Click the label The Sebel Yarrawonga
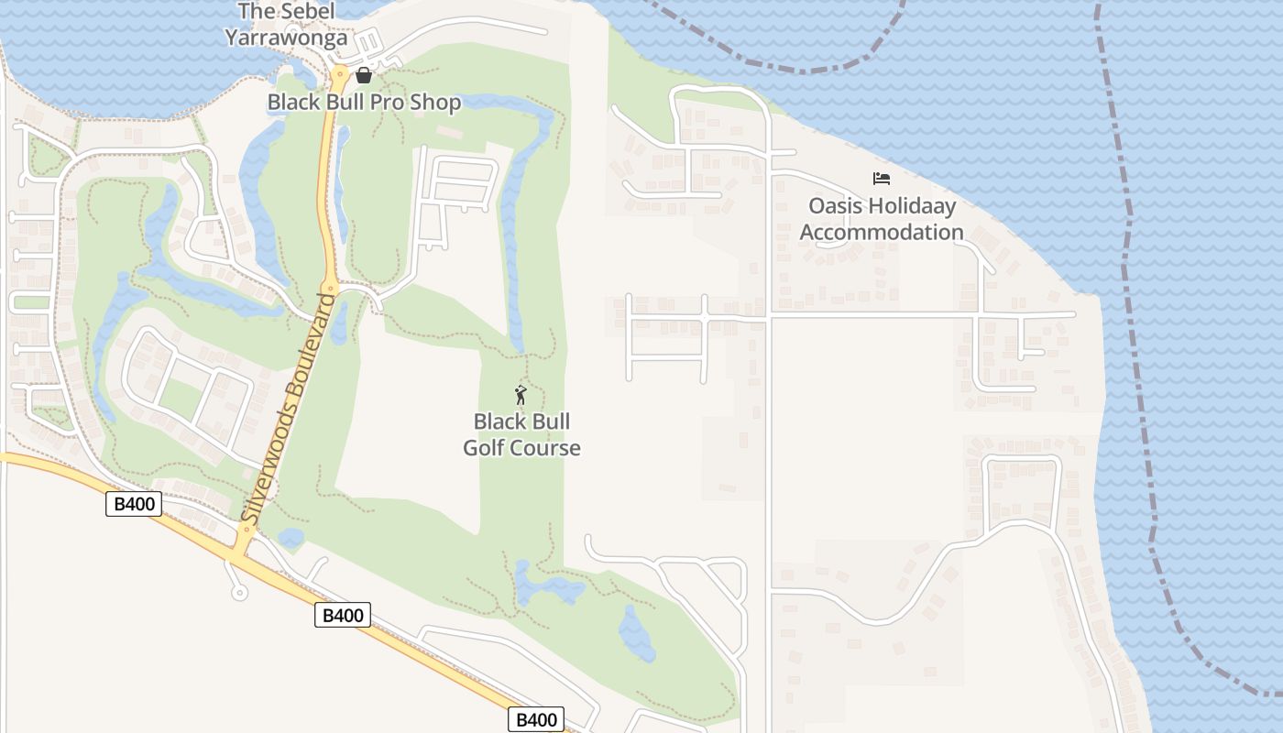286,25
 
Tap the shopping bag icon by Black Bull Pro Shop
364,75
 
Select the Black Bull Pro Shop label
364,102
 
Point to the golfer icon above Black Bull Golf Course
521,396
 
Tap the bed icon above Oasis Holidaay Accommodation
881,179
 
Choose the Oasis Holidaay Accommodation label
882,219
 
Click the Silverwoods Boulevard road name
286,408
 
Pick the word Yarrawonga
286,38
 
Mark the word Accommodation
882,232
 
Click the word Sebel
308,12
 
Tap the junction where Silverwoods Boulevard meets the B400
240,551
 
